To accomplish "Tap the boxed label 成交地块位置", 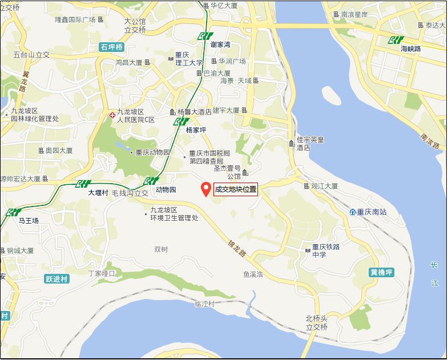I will click(236, 189).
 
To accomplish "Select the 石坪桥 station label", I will click(111, 47).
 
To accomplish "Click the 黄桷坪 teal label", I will click(382, 272).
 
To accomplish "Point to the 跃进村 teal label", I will click(56, 279).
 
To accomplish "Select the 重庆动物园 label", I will click(153, 153).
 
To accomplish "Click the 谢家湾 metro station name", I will click(220, 45).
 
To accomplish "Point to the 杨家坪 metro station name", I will click(196, 130).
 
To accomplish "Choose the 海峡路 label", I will click(410, 49).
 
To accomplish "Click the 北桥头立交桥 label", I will click(317, 323).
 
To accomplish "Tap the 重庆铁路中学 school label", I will click(326, 250).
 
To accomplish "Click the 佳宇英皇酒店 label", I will click(310, 143).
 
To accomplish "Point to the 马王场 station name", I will click(29, 220).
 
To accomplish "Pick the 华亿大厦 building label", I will click(224, 6).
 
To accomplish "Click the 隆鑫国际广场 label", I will click(75, 19).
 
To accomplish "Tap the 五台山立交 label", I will click(32, 55).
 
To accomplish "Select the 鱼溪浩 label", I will click(253, 274).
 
